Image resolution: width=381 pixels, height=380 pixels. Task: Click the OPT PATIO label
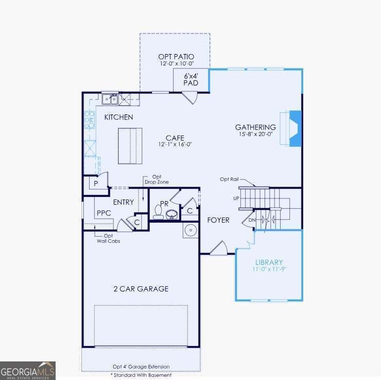tap(176, 56)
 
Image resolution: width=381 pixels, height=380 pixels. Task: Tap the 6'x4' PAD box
tap(191, 79)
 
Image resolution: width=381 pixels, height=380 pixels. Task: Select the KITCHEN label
tap(119, 117)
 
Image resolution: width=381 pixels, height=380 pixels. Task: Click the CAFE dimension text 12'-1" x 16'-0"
tap(175, 145)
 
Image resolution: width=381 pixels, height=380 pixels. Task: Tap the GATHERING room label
tap(255, 127)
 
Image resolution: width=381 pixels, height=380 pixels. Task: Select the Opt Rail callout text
tap(229, 179)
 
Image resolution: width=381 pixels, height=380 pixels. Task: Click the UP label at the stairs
tap(236, 198)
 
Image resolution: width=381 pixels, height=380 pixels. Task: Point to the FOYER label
tap(218, 220)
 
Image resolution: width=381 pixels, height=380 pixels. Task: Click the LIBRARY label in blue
tap(269, 262)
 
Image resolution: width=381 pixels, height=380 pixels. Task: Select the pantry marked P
tap(96, 183)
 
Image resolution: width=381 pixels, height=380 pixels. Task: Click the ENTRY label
tap(124, 202)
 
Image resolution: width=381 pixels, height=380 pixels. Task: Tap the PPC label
tap(104, 213)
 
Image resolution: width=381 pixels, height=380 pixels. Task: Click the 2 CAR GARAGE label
tap(141, 289)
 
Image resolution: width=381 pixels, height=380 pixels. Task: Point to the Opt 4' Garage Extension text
tap(141, 367)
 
